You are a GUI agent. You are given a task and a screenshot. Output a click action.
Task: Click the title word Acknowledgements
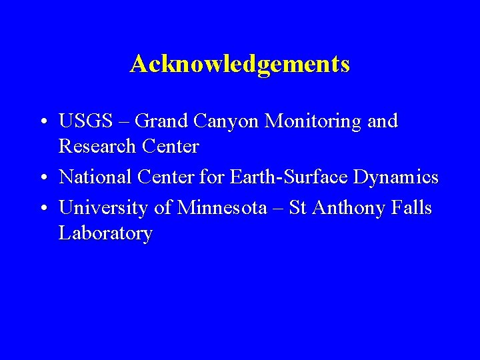240,65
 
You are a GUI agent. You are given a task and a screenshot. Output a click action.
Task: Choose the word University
104,209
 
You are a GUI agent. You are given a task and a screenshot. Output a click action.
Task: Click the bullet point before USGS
42,123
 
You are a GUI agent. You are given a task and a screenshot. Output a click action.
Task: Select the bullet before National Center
42,179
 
